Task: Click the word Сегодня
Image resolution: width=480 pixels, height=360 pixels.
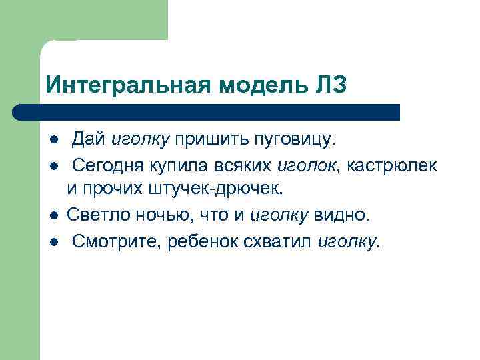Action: (x=105, y=165)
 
